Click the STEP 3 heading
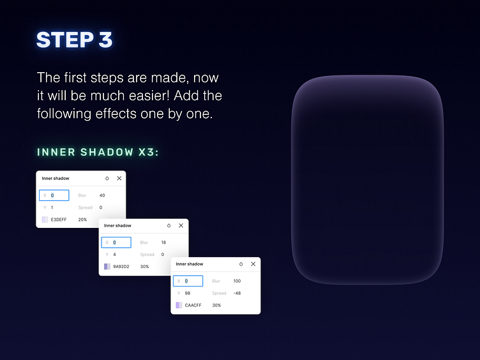click(75, 40)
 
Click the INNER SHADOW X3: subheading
click(98, 152)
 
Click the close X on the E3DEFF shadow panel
click(119, 178)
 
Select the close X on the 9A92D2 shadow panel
click(181, 225)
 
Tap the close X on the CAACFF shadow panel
click(253, 264)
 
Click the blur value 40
click(102, 195)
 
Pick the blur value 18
click(163, 243)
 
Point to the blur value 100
click(237, 281)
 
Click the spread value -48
click(237, 293)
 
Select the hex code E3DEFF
click(59, 220)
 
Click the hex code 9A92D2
click(121, 267)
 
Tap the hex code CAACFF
click(193, 305)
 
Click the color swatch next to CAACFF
click(179, 305)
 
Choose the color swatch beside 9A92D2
click(107, 267)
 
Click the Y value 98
click(188, 293)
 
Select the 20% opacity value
click(82, 220)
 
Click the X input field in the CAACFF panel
click(188, 281)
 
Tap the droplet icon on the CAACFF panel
click(241, 264)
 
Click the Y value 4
click(114, 255)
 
